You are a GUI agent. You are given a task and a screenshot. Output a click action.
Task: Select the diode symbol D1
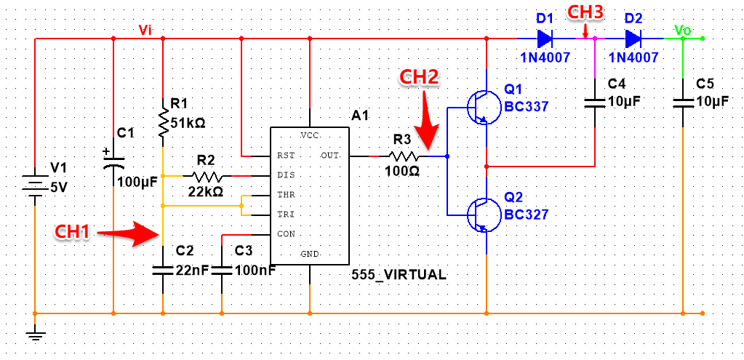pos(545,38)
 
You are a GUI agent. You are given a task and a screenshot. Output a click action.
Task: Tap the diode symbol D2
pos(633,38)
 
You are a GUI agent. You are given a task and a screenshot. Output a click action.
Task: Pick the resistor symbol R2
pos(207,176)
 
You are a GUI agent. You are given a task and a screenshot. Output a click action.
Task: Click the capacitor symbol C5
pos(684,102)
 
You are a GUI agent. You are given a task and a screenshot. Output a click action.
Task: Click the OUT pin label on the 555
pos(329,156)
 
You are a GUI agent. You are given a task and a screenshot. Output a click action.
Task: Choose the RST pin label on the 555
pos(286,156)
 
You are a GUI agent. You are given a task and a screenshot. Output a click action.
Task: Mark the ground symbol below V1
pos(35,335)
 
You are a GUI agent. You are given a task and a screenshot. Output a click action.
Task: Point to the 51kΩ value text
pos(188,124)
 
